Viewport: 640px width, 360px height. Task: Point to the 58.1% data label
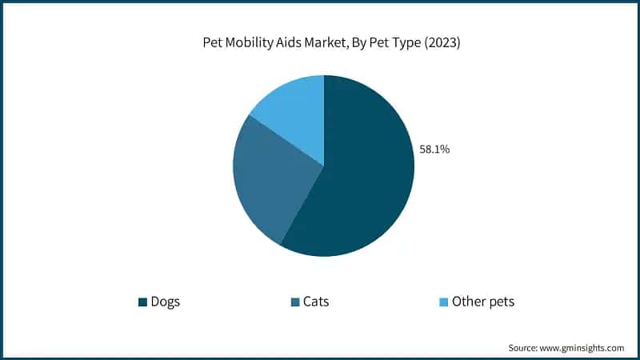[x=434, y=148]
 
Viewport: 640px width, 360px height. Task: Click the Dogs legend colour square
[x=142, y=302]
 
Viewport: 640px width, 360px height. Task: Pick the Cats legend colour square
[x=295, y=302]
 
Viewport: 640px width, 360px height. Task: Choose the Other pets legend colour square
[x=443, y=302]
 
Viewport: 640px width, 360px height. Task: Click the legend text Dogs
[x=165, y=302]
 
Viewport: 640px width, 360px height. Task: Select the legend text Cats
[x=315, y=302]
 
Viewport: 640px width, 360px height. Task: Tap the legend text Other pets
[x=483, y=302]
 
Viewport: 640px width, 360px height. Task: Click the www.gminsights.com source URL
[x=582, y=348]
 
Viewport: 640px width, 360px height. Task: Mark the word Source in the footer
[x=523, y=348]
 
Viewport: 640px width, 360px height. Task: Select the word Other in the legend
[x=468, y=302]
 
